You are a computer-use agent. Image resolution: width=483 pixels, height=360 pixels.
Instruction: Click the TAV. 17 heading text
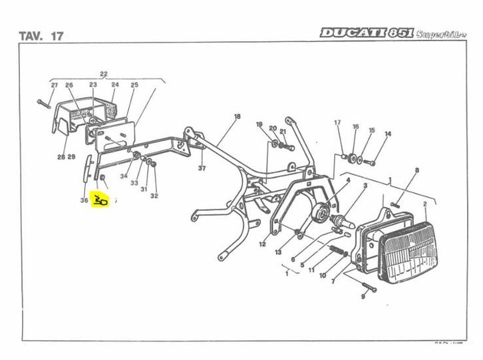(x=41, y=36)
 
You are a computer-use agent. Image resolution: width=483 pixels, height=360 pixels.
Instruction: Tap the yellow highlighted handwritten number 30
(x=100, y=200)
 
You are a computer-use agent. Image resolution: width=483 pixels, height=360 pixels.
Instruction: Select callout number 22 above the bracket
(x=104, y=73)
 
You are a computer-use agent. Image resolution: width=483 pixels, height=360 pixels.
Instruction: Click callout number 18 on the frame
(x=236, y=116)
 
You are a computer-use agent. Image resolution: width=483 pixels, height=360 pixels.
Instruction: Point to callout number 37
(x=202, y=168)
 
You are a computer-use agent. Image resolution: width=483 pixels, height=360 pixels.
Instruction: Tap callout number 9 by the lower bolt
(x=363, y=297)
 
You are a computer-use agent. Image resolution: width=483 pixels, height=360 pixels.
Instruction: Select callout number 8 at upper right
(x=416, y=171)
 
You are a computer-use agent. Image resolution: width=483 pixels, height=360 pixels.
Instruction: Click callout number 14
(x=388, y=134)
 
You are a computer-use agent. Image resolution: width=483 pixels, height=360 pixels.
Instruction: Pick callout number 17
(x=337, y=123)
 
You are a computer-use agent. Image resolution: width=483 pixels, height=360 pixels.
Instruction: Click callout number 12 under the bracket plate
(x=262, y=244)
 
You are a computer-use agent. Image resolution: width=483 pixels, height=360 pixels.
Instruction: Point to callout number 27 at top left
(x=55, y=85)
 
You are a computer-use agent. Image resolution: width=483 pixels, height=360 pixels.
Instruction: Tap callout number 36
(x=84, y=200)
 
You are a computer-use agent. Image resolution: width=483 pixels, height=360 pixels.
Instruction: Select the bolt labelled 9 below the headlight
(x=369, y=288)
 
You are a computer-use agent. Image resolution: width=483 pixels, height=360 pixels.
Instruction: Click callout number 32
(x=154, y=196)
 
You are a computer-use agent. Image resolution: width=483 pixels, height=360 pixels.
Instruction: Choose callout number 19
(x=259, y=125)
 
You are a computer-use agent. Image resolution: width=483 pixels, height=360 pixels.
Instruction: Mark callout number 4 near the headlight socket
(x=347, y=180)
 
